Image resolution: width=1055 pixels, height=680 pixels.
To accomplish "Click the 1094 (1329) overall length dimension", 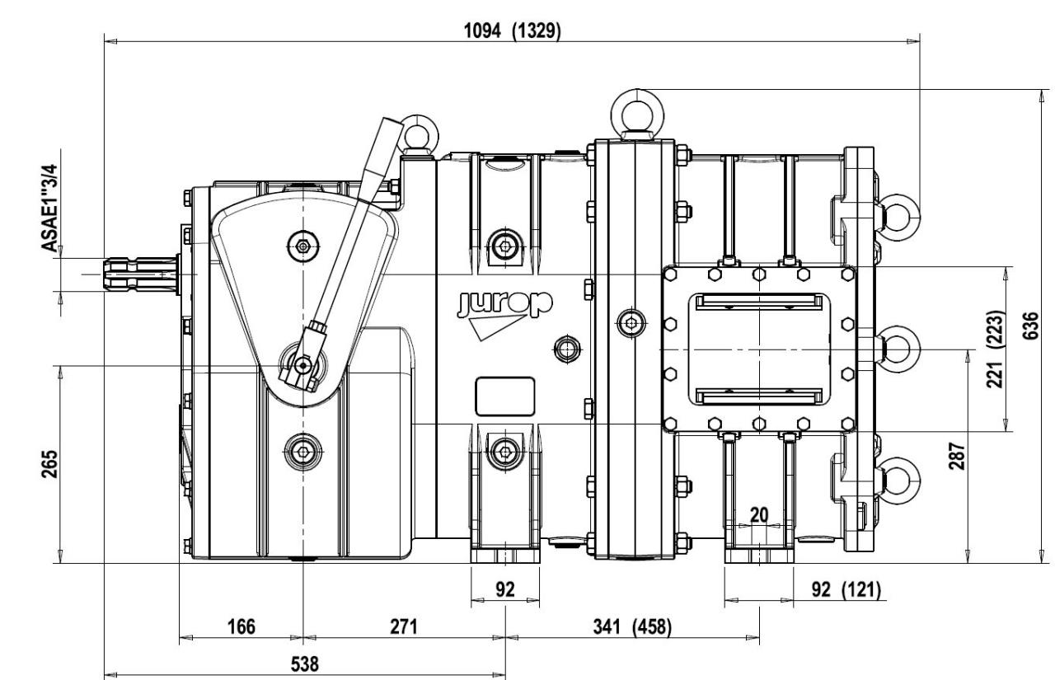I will tap(513, 31).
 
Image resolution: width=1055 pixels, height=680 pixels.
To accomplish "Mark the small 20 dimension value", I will tap(759, 514).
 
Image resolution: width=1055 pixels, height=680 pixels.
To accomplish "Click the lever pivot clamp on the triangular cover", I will tap(303, 363).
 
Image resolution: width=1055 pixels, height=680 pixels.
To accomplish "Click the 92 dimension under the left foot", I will tap(504, 590).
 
